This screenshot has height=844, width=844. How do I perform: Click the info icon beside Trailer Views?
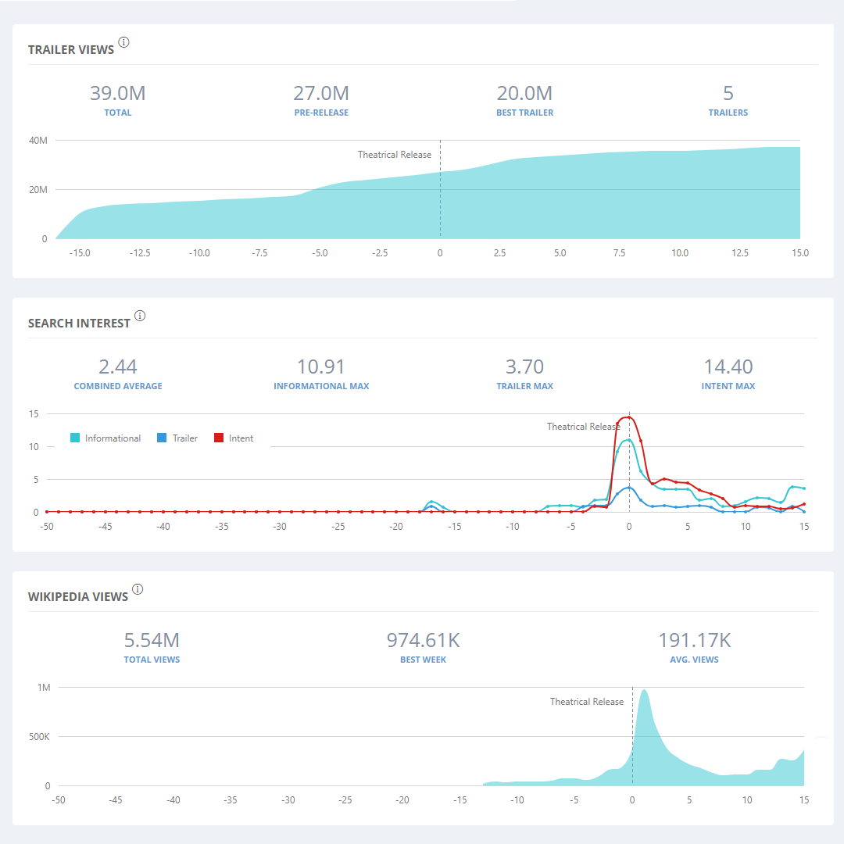pos(123,42)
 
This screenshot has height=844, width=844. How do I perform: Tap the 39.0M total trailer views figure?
pos(118,94)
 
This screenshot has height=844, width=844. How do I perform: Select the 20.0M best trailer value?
pos(524,94)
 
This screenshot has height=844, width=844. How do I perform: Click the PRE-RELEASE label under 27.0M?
pos(321,113)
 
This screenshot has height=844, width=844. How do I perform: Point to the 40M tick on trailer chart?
pos(38,141)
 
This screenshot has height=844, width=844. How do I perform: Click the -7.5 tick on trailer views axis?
pos(259,253)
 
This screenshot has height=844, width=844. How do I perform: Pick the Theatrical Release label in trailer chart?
pos(395,155)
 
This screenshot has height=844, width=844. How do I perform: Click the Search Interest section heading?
pos(79,323)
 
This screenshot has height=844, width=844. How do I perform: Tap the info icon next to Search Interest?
pos(140,316)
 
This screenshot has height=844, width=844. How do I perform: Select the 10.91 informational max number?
pos(321,367)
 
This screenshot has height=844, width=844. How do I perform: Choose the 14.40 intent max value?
pos(728,367)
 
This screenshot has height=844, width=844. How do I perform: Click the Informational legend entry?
pos(106,438)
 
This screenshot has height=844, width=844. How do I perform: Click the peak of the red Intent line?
pos(628,417)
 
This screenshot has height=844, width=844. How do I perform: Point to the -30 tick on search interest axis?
pos(279,527)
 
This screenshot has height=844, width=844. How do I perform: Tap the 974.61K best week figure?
pos(423,641)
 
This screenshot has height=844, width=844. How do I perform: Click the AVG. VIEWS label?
pos(694,660)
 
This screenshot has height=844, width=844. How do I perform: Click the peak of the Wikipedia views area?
pos(644,691)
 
